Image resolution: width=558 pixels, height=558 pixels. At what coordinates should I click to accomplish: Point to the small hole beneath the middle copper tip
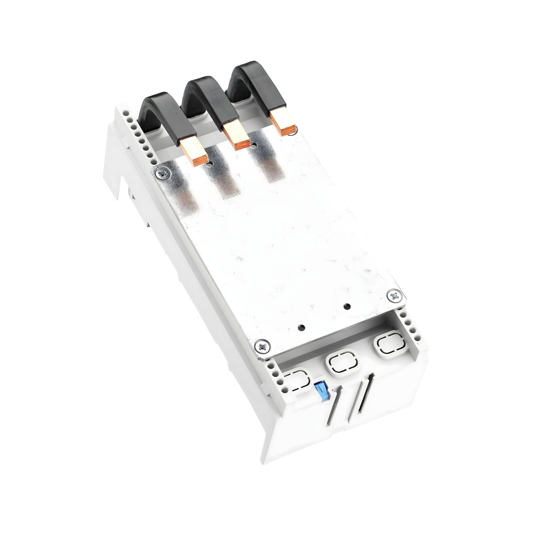254,145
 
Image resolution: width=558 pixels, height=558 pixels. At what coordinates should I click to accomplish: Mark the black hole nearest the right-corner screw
346,307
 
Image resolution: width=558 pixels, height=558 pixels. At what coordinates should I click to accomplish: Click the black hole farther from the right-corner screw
302,326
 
